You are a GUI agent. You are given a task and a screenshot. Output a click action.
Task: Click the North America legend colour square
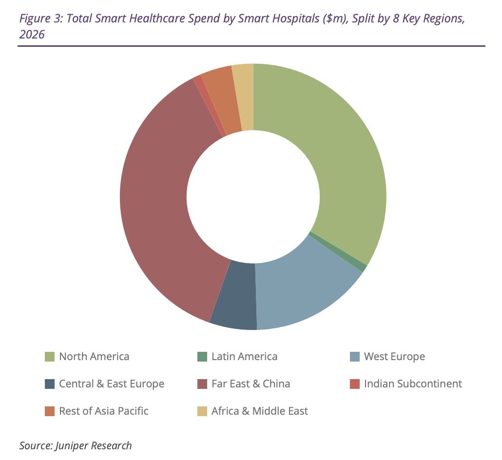click(49, 357)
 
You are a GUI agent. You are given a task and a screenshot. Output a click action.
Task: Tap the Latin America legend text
click(244, 357)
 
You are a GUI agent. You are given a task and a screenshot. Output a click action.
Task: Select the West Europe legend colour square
click(355, 357)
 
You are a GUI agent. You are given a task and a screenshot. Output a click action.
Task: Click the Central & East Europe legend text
click(112, 384)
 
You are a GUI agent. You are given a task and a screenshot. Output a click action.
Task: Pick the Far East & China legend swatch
click(202, 384)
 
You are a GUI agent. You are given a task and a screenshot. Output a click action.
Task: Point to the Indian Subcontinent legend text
click(413, 384)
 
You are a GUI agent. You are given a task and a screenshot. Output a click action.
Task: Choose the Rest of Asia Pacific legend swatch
click(49, 411)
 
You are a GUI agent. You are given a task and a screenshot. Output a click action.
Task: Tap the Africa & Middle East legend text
click(259, 411)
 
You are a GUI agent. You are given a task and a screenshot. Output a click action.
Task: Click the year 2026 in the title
click(32, 35)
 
